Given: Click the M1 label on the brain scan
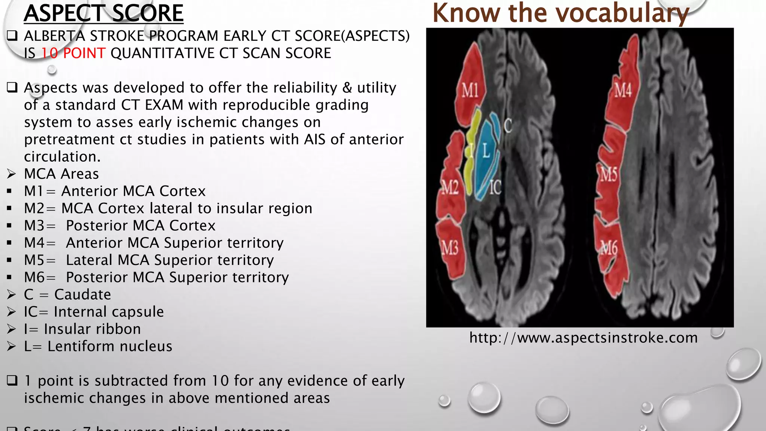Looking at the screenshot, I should click(x=470, y=91).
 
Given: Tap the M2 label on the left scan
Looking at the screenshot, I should click(x=450, y=187).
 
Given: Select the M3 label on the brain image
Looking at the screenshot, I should click(x=450, y=248).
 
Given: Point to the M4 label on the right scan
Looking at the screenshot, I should click(x=623, y=91).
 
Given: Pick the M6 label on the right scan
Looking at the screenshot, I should click(x=609, y=248).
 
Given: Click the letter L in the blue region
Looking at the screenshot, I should click(x=486, y=150).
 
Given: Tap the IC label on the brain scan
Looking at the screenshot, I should click(x=495, y=187).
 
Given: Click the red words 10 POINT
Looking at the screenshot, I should click(x=73, y=53).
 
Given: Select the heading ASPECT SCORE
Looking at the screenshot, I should click(x=104, y=13).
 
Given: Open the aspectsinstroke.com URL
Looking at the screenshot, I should click(x=583, y=338).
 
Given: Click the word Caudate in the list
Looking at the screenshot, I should click(x=83, y=295).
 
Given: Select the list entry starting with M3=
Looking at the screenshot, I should click(x=120, y=226).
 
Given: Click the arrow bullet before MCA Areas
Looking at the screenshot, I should click(x=11, y=174).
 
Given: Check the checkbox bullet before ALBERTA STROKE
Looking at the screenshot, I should click(x=12, y=36).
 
